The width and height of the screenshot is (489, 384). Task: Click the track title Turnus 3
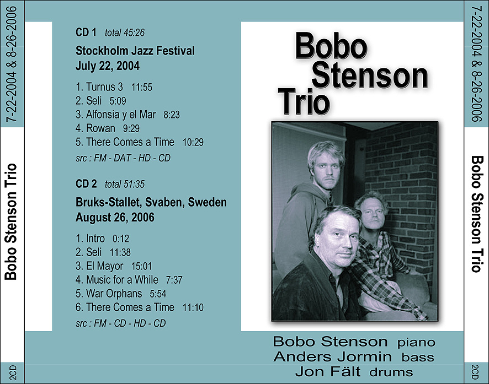[x=104, y=87]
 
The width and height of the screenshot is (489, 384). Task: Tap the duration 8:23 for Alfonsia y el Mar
[x=172, y=115]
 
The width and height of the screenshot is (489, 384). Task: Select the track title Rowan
[x=100, y=128]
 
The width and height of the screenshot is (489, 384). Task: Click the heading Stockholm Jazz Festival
[x=135, y=51]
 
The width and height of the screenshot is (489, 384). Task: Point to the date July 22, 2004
[x=108, y=66]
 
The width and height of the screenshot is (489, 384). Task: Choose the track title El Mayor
[x=104, y=266]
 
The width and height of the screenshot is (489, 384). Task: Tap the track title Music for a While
[x=122, y=280]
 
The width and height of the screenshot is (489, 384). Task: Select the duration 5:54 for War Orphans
[x=158, y=294]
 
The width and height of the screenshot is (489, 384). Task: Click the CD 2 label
[x=86, y=184]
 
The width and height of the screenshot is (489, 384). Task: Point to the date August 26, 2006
[x=115, y=218]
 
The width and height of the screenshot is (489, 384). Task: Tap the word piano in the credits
[x=416, y=343]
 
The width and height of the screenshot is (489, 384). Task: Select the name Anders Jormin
[x=332, y=356]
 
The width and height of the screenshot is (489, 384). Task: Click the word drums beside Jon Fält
[x=391, y=372]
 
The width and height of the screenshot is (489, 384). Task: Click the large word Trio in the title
[x=304, y=102]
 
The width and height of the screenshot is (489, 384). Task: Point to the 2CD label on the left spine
[x=13, y=372]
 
